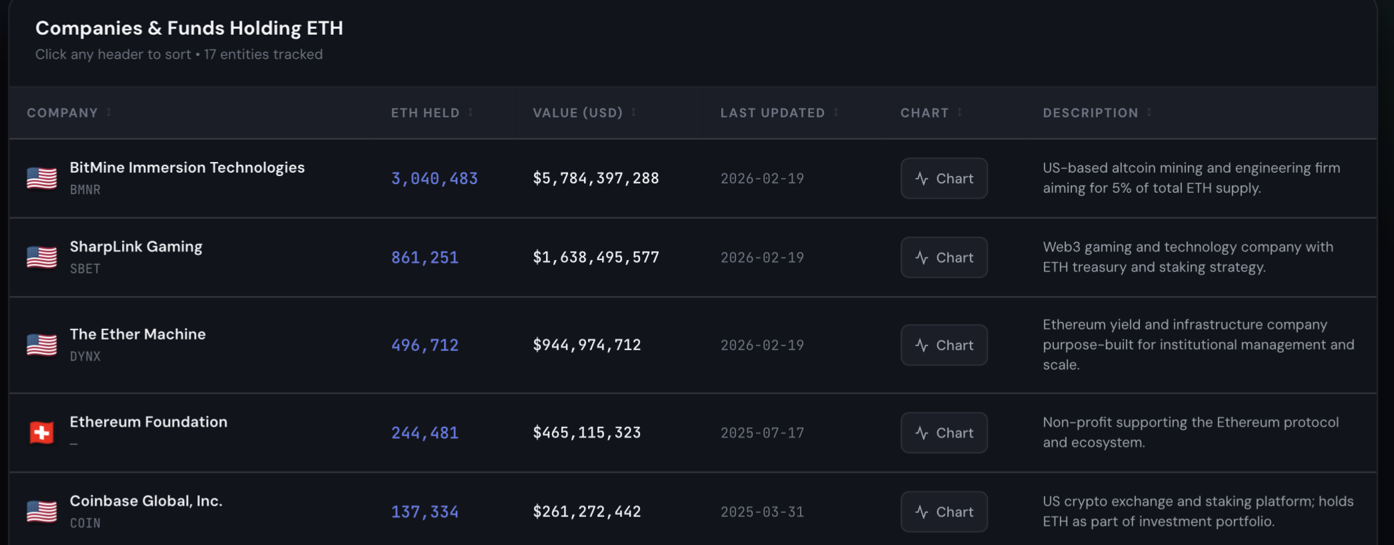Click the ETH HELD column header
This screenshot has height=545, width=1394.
pos(425,113)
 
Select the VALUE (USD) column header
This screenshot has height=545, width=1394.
pos(577,113)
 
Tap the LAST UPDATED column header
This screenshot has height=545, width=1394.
pos(773,113)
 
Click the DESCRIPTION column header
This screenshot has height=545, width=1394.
pos(1091,113)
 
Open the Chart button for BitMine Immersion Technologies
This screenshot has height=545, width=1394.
pos(944,178)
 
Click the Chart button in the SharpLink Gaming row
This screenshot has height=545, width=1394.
pos(944,257)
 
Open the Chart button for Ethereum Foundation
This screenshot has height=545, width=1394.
pos(944,433)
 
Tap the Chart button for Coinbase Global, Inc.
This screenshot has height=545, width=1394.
pos(944,512)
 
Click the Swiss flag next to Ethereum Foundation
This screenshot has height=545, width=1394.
pos(41,433)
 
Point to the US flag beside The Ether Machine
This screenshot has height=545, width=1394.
pos(41,345)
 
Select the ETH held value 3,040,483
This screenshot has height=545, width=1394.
pos(434,179)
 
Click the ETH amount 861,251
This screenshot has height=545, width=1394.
pos(425,257)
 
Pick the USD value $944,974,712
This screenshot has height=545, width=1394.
pos(587,345)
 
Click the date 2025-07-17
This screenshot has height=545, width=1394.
pos(762,433)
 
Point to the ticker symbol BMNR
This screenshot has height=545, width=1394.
pos(85,189)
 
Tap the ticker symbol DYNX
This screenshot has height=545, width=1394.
pos(85,356)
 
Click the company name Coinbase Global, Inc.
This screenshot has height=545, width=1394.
pos(146,501)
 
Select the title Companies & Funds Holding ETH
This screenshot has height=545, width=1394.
pos(189,28)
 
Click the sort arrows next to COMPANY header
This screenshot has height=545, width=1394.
pos(109,112)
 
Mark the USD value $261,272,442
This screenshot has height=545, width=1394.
pos(587,512)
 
